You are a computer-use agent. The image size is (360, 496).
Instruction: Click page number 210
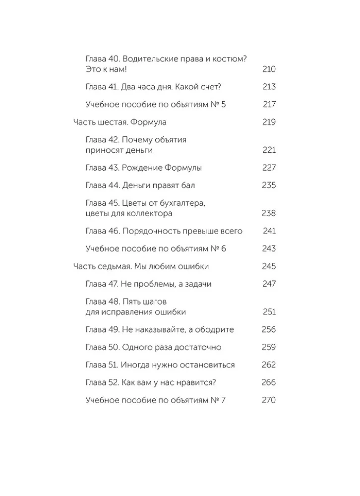coord(268,69)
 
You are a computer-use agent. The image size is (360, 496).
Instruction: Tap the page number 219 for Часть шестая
coord(268,123)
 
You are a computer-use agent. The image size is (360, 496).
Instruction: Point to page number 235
coord(268,186)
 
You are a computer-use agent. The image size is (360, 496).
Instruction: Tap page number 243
coord(268,249)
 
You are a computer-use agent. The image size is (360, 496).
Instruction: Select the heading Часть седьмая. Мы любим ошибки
coord(141,267)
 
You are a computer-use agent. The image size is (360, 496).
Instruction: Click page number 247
coord(268,284)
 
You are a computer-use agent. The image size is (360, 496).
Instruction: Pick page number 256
coord(268,330)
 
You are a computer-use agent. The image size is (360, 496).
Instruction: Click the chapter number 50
coord(114,347)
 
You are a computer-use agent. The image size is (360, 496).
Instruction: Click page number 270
coord(268,400)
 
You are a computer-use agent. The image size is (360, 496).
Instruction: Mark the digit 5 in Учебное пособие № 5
coord(223,105)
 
